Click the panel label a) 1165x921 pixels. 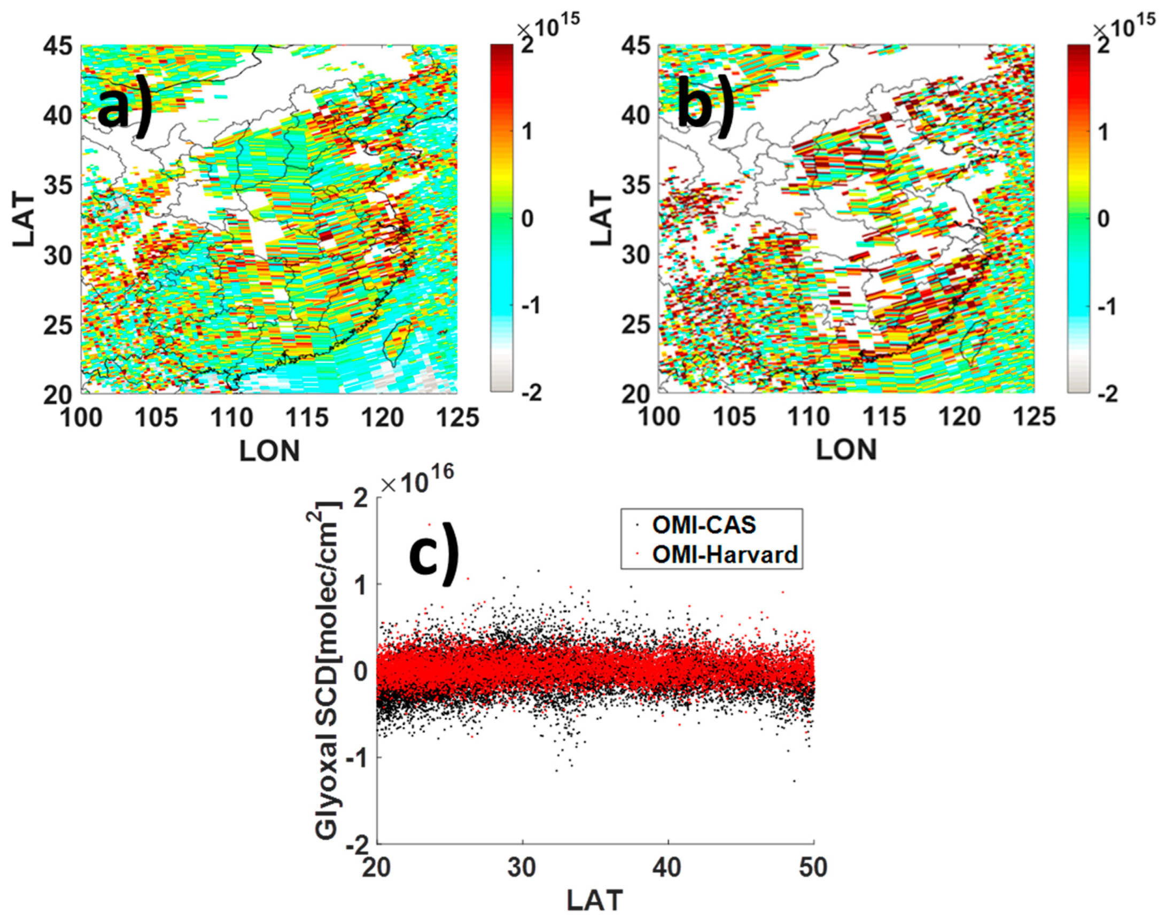pos(125,108)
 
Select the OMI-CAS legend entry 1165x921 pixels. pos(703,525)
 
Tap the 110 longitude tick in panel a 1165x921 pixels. pos(232,418)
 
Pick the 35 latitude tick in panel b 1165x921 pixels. pos(635,186)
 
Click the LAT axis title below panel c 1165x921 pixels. pos(594,900)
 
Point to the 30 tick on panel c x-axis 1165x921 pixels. pos(522,868)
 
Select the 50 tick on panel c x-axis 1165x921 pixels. pos(812,868)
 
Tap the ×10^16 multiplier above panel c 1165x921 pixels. pos(416,483)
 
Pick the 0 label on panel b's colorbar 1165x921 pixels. pos(1103,219)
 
